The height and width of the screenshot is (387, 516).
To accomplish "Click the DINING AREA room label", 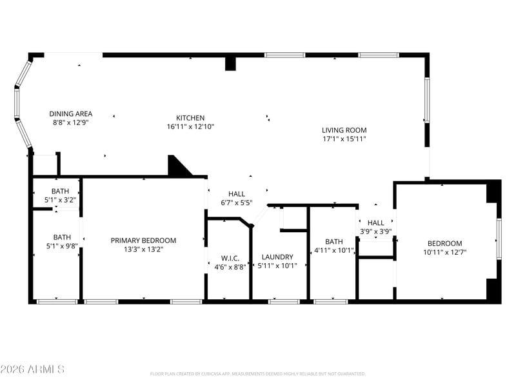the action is click(71, 114).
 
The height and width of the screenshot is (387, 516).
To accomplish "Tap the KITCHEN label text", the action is click(190, 118).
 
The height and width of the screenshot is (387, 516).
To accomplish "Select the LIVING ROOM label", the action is click(344, 130).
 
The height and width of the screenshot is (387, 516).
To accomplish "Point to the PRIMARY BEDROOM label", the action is click(143, 241).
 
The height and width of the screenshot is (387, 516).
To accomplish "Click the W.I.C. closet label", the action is click(230, 259).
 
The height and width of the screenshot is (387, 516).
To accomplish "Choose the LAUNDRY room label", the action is click(277, 257).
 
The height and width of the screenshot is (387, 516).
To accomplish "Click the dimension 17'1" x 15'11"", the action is click(344, 139).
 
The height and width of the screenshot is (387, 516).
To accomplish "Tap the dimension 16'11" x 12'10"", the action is click(190, 126).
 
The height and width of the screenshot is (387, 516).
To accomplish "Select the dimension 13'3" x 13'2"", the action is click(143, 249).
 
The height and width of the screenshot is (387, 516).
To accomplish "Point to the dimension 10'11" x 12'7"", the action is click(445, 252).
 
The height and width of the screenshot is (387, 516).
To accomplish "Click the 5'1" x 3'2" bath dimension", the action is click(60, 200).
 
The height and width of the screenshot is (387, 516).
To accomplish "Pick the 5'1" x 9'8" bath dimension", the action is click(62, 246).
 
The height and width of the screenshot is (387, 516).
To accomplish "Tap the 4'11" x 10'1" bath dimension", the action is click(334, 250).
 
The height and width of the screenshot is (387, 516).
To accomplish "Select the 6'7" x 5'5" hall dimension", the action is click(237, 203).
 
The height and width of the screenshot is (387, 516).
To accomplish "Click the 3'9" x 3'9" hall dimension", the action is click(376, 232).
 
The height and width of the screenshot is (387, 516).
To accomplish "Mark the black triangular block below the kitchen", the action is click(177, 167).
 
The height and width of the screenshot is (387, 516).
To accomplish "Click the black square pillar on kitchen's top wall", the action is click(230, 64).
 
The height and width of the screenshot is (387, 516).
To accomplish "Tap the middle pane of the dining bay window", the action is click(17, 102).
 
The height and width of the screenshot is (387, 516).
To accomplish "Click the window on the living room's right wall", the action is click(427, 100).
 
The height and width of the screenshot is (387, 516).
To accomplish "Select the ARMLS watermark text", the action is click(32, 369).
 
